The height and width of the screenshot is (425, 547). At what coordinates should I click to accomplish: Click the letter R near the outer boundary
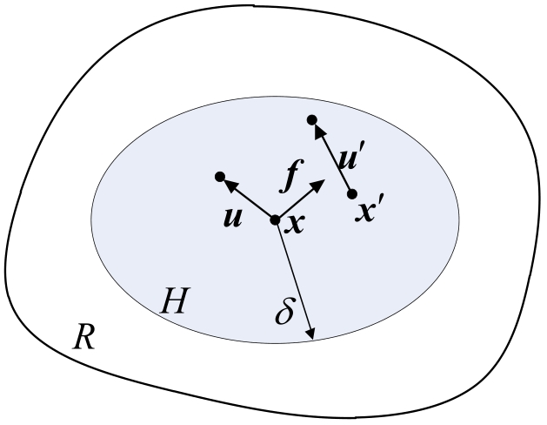click(83, 337)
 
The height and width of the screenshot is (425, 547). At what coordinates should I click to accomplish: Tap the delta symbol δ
click(284, 311)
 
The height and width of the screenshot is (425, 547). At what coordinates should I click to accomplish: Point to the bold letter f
click(292, 176)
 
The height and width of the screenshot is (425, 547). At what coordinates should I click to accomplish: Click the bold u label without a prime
click(232, 218)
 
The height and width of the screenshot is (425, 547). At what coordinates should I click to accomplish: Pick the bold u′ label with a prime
click(348, 159)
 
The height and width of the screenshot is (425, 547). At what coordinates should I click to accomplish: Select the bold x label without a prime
click(295, 224)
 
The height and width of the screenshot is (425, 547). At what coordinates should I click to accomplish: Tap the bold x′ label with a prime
click(366, 211)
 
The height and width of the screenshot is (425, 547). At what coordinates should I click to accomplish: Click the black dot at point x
click(276, 220)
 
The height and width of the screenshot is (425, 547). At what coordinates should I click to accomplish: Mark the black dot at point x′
click(352, 193)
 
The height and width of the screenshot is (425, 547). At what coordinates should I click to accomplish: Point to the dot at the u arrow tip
click(220, 177)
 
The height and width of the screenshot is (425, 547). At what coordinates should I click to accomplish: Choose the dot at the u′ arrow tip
click(312, 120)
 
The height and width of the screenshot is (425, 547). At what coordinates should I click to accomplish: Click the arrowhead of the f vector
click(318, 186)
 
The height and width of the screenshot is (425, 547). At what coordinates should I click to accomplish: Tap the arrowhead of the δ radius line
click(310, 334)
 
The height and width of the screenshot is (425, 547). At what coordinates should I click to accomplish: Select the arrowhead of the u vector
click(230, 185)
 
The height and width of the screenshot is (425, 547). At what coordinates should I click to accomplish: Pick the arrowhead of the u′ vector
click(319, 132)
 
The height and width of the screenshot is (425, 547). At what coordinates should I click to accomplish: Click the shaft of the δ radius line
click(295, 280)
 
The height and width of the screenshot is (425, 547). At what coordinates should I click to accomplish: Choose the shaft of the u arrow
click(249, 199)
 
